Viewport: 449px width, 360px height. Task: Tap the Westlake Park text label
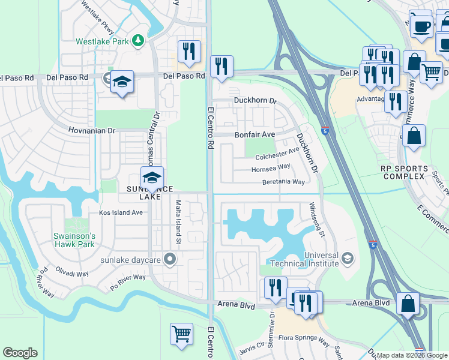coord(103,42)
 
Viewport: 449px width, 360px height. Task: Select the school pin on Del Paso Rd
coord(122,82)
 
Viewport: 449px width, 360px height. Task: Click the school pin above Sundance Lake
coord(152,178)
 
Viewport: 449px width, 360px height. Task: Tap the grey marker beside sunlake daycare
coord(170,259)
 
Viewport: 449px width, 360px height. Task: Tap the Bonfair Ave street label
coord(254,134)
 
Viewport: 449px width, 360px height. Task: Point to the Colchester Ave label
coord(277,154)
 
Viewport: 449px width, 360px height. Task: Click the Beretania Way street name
coord(283,182)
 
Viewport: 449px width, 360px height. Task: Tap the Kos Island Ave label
coord(121,212)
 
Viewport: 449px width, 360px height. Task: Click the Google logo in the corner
coord(20,353)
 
